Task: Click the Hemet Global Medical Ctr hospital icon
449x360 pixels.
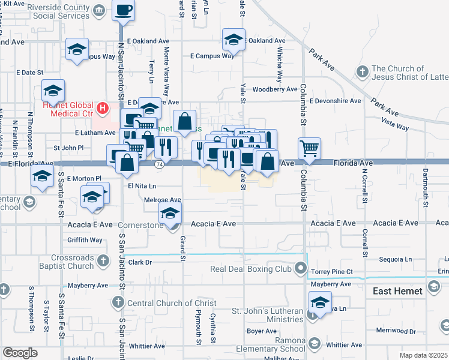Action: (x=103, y=109)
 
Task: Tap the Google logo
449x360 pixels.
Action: (x=20, y=353)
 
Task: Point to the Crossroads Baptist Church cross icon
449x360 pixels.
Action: (x=103, y=260)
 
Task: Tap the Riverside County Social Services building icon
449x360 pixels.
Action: (x=100, y=10)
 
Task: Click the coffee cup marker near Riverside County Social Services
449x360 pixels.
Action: (x=124, y=10)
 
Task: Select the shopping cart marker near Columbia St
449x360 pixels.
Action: (x=309, y=148)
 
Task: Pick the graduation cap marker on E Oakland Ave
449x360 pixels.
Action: (x=234, y=40)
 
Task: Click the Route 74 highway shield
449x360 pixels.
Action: (x=160, y=163)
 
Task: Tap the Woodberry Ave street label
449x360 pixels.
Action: (x=275, y=89)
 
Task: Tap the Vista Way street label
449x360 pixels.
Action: (x=394, y=127)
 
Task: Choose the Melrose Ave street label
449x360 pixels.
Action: (x=163, y=200)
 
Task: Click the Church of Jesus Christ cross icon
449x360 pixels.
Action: (x=361, y=73)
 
